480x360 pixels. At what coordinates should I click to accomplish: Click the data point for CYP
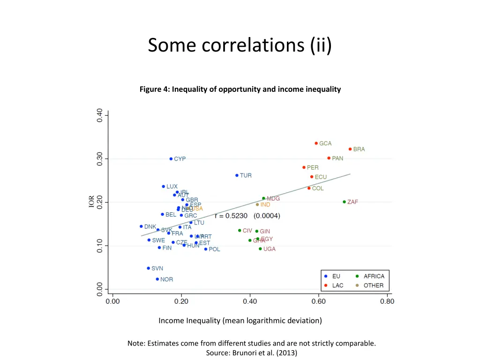(x=171, y=159)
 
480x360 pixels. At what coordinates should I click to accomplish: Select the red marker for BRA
(x=350, y=149)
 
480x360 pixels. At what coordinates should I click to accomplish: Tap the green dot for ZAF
(x=344, y=202)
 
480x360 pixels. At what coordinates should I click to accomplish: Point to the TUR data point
(x=237, y=175)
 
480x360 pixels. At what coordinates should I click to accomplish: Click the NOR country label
(x=166, y=279)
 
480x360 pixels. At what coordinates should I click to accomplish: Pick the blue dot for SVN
(x=148, y=268)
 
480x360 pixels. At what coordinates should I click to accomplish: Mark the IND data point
(x=257, y=204)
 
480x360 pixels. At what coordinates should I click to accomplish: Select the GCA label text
(x=325, y=143)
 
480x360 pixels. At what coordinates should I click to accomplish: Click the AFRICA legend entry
(x=374, y=276)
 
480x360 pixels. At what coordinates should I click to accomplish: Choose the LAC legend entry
(x=337, y=285)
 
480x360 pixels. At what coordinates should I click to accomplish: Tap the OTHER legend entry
(x=374, y=285)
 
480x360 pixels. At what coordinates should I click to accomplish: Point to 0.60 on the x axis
(x=318, y=302)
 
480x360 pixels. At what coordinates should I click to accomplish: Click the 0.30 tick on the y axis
(x=100, y=158)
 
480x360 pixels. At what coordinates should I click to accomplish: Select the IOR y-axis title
(x=91, y=202)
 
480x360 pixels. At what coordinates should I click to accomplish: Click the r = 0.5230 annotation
(x=232, y=216)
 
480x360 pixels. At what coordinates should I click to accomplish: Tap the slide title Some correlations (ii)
(x=240, y=45)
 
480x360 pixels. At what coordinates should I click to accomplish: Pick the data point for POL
(x=206, y=249)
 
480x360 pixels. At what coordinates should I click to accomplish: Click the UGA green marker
(x=260, y=249)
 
